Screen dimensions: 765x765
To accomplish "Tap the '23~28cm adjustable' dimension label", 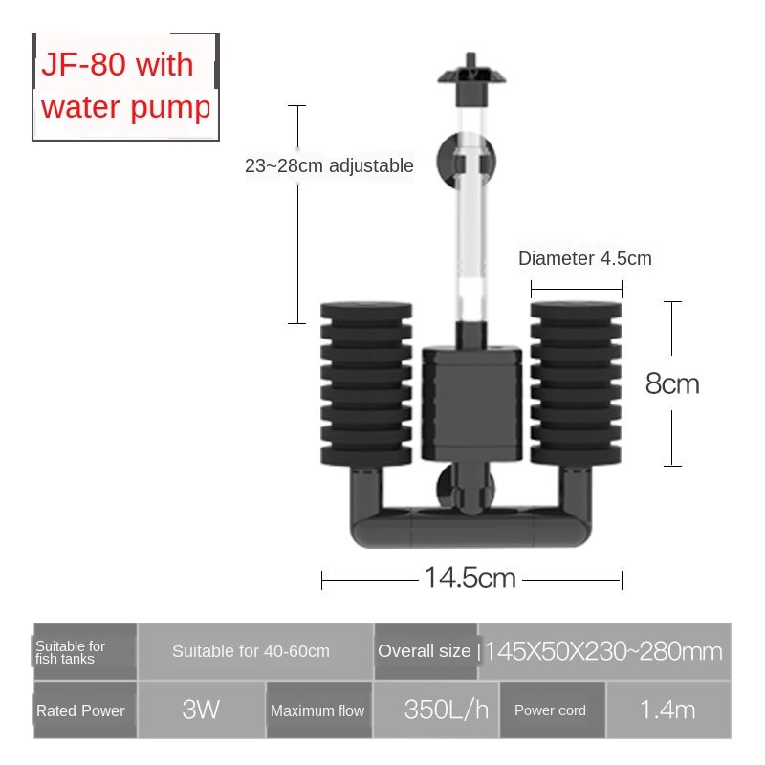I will click(329, 165).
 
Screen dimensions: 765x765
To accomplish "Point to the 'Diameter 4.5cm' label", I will click(584, 258).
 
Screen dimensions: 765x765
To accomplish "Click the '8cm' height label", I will click(672, 383).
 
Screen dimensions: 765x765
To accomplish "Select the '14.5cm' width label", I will click(470, 578).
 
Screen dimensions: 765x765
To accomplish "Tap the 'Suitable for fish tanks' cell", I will click(85, 651).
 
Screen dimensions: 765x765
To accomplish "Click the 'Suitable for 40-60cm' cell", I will click(251, 651).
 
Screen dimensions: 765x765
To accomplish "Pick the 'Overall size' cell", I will click(425, 651).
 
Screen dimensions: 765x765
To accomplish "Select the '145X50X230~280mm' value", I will click(603, 651).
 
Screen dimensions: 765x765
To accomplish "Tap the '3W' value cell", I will click(201, 710).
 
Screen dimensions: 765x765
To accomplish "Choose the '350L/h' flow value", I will click(434, 710).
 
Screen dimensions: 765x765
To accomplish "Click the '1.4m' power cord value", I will click(667, 710).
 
